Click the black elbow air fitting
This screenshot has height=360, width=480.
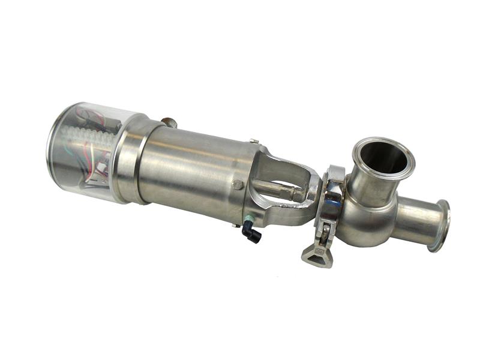click(252, 233)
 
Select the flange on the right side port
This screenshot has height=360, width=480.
click(442, 226)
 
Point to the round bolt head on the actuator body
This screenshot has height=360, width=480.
click(238, 185)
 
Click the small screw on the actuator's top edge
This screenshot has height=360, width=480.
click(254, 142)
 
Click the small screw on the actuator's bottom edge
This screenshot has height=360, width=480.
click(234, 225)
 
